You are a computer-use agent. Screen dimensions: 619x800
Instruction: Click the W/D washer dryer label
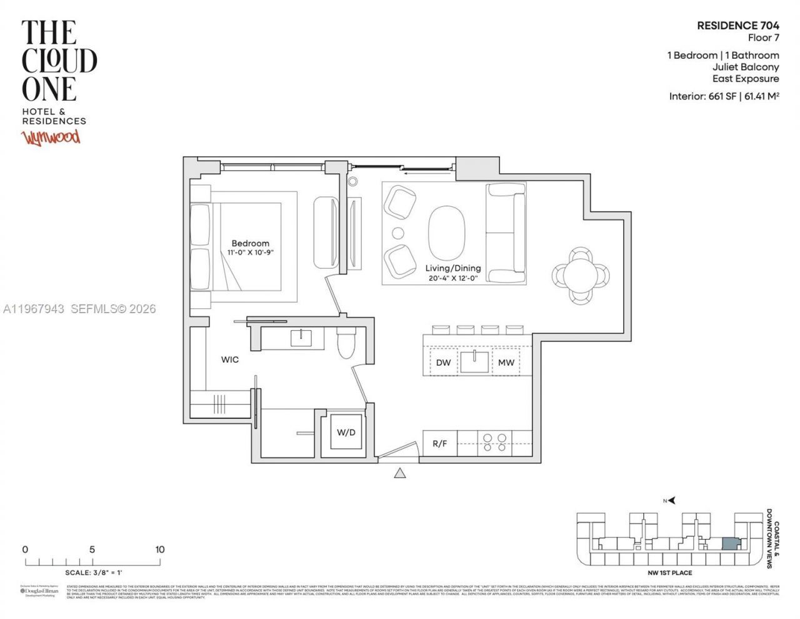point(346,432)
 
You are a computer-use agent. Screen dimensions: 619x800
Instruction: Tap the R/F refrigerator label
point(440,444)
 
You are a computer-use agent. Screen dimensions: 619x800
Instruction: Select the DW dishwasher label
point(443,363)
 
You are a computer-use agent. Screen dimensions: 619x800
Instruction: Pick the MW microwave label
point(506,363)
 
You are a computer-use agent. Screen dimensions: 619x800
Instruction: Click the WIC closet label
point(229,360)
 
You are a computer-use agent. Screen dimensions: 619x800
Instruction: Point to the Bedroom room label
point(250,243)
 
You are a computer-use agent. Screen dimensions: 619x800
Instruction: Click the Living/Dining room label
point(453,268)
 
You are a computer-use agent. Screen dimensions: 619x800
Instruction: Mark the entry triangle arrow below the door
point(400,473)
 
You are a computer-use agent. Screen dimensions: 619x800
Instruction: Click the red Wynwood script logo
point(51,137)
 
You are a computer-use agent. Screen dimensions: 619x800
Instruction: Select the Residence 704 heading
point(737,26)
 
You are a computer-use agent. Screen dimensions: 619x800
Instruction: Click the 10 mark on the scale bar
point(160,550)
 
